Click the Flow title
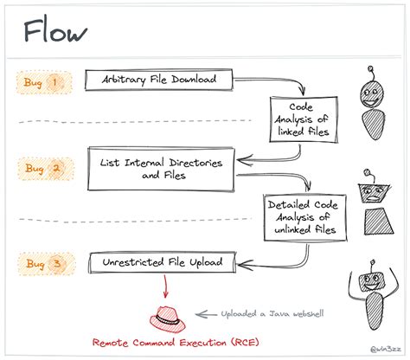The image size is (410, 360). (54, 31)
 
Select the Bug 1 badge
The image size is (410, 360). (44, 82)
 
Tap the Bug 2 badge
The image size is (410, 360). (46, 169)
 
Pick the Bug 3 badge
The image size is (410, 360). (47, 264)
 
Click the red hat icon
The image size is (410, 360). (167, 319)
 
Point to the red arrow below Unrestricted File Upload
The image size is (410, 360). (165, 286)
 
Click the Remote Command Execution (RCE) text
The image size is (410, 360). (176, 343)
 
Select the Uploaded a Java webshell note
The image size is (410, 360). (272, 313)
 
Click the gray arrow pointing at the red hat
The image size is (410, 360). (206, 314)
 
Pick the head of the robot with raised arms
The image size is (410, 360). (371, 282)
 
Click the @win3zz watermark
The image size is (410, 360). (386, 349)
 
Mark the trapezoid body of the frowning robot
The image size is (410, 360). (379, 222)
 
